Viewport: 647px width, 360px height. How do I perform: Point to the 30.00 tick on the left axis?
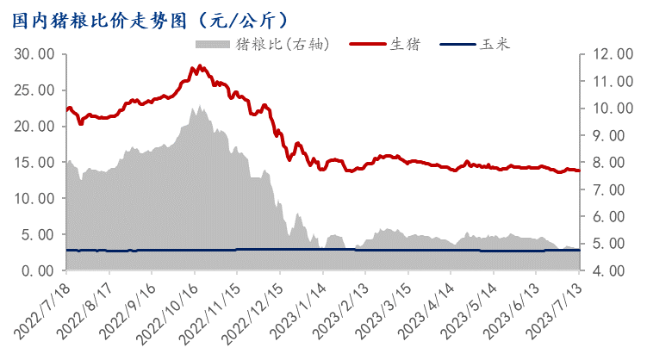coord(36,53)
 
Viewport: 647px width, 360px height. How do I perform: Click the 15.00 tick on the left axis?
coord(36,162)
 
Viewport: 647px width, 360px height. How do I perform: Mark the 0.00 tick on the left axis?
coord(40,270)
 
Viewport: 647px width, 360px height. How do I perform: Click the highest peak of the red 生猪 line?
coord(199,65)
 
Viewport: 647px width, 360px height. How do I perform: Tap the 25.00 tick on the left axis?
coord(36,90)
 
